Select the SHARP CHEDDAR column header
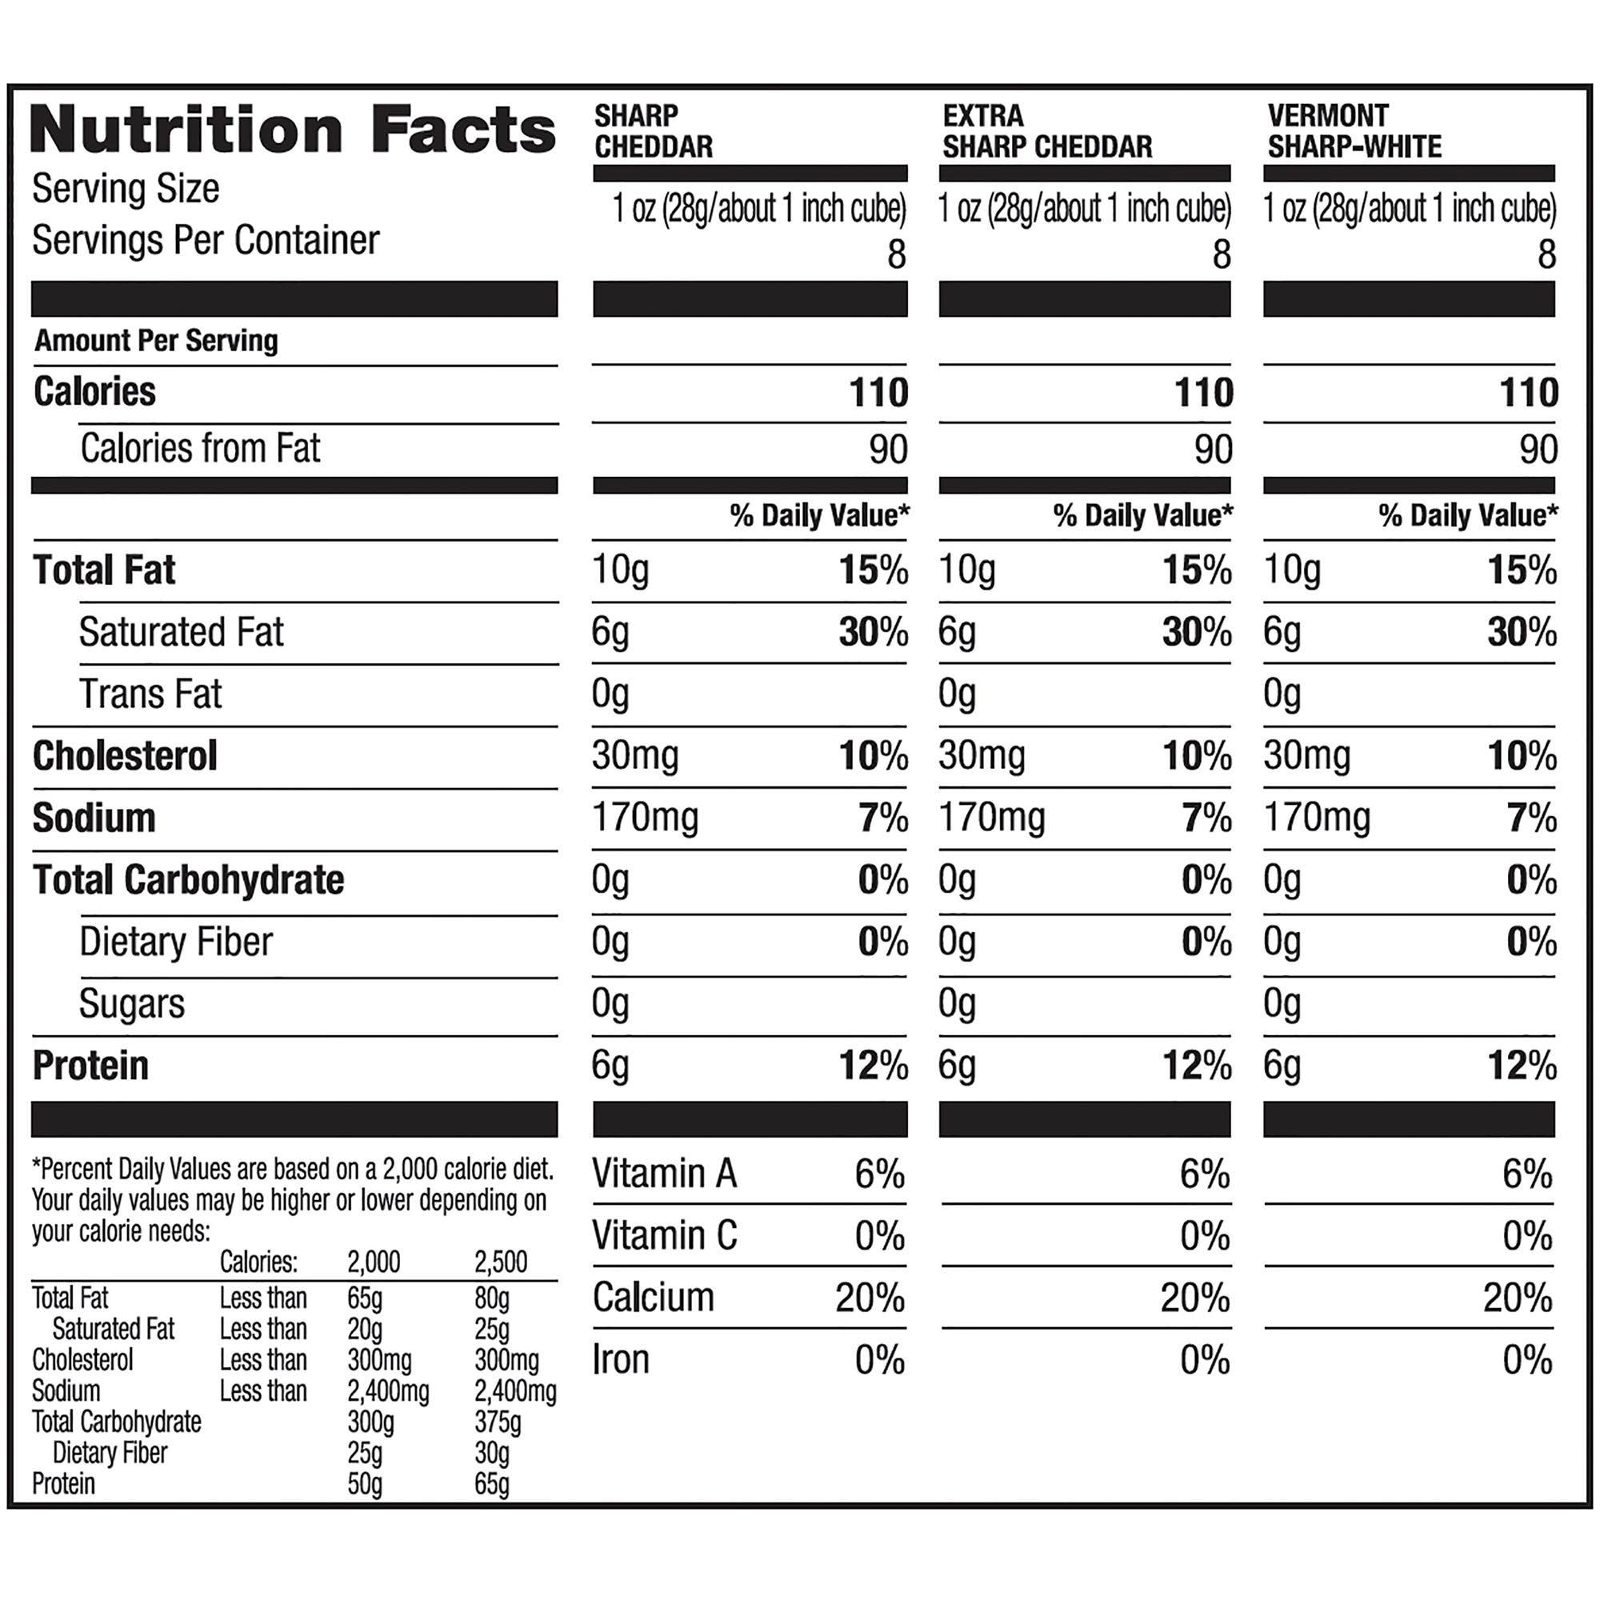654,131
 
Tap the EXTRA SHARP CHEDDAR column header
1046,131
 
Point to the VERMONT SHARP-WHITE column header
1354,131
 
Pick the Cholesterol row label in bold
125,756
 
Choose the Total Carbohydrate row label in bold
188,879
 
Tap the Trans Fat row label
150,694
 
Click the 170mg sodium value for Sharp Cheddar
645,818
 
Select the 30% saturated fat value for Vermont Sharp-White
1522,633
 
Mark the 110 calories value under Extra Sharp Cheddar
1204,392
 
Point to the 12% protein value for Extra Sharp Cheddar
1198,1066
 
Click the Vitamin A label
664,1174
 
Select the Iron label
620,1360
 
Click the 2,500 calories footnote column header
501,1262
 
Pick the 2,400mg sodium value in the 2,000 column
387,1391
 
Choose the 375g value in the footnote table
498,1422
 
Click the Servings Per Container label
206,240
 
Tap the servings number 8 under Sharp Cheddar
896,254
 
